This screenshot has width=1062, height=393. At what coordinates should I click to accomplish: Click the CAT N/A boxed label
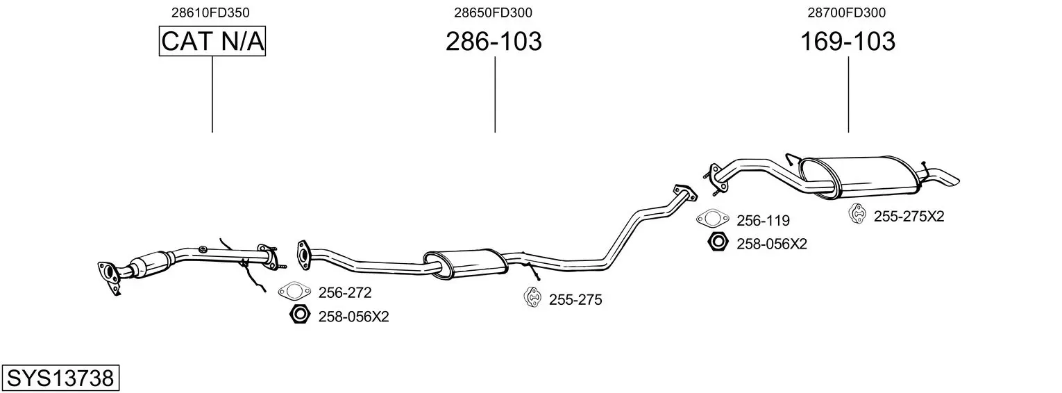coord(212,41)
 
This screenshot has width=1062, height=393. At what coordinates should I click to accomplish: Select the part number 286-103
coord(494,42)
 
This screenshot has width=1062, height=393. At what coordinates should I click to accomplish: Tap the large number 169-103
coord(848,42)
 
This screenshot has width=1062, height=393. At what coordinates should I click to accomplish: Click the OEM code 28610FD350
coord(210,12)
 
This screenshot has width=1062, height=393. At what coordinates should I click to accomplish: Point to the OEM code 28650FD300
coord(493,12)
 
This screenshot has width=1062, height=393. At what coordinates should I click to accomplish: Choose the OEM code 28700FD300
coord(846,12)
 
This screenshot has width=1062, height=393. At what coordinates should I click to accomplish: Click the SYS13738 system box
coord(60,378)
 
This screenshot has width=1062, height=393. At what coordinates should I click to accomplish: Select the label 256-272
coord(345,293)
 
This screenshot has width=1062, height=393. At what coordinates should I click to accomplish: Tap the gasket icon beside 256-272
coord(294,291)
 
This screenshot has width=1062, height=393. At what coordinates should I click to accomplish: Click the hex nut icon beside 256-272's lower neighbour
coord(300,315)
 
